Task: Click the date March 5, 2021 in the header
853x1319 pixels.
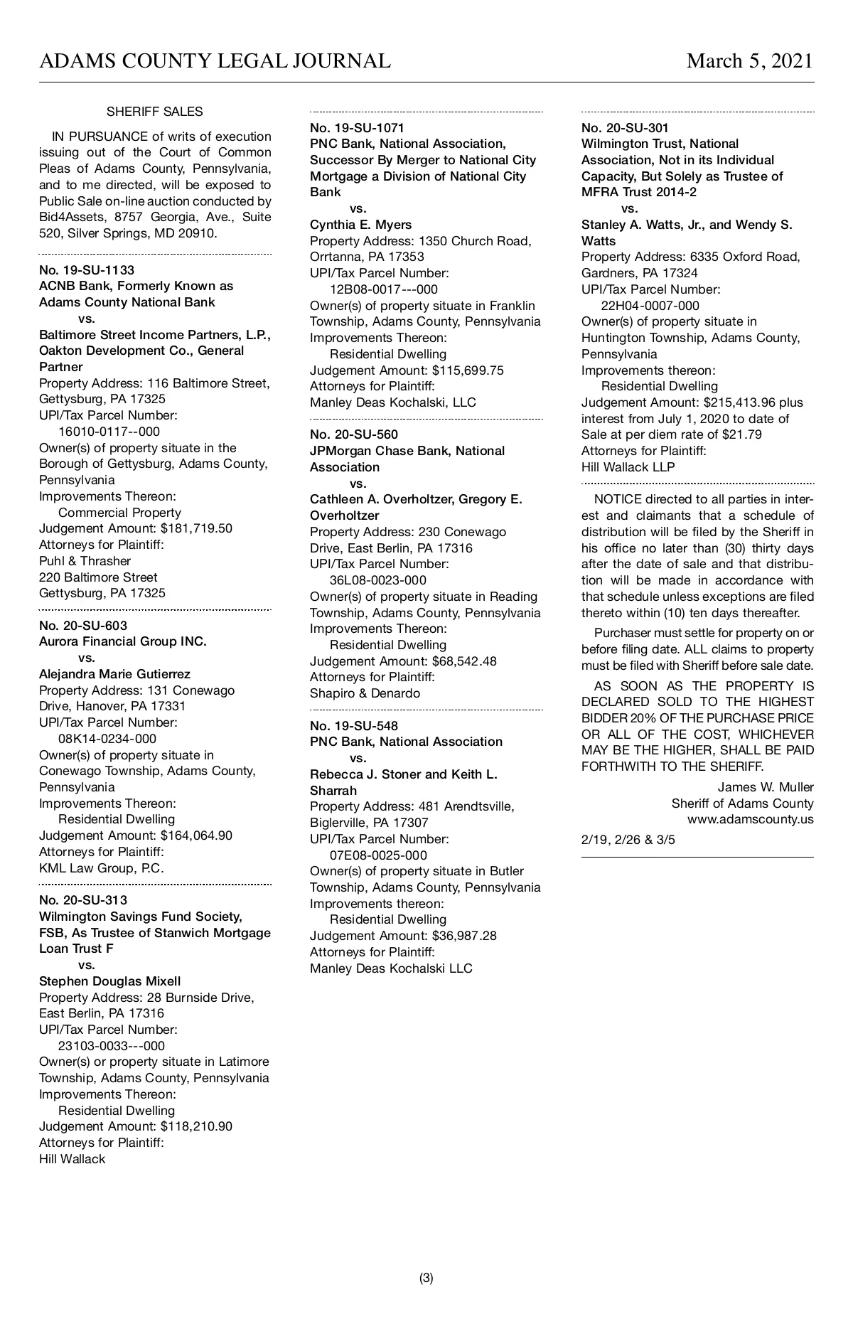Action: (749, 61)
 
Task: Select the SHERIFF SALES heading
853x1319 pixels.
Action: (154, 112)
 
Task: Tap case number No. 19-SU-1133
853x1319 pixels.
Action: (87, 270)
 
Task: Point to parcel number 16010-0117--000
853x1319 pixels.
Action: (109, 432)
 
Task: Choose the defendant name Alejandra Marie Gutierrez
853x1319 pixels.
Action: (114, 674)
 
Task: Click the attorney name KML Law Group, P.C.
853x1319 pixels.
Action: (102, 868)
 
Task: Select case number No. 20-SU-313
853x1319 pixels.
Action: (83, 900)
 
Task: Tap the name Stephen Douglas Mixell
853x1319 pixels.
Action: (110, 981)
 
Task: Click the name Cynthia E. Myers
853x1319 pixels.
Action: (360, 225)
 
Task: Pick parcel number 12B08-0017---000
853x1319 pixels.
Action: (384, 289)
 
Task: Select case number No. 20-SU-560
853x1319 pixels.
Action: (354, 434)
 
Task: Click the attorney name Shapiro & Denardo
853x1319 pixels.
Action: (365, 693)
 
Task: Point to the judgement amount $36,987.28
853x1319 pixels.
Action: (464, 936)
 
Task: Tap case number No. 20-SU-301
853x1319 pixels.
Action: (625, 128)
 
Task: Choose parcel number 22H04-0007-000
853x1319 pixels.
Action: (650, 306)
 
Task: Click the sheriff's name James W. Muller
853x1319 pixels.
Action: (766, 787)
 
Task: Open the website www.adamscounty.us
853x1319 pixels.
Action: (751, 819)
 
